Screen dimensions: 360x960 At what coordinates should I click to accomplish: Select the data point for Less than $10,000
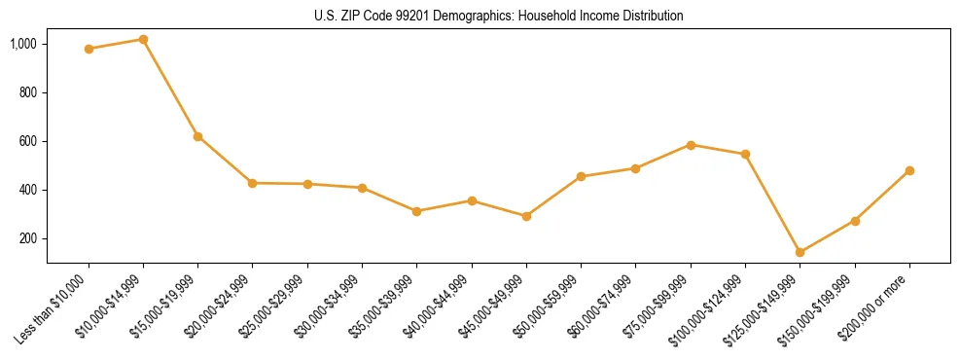[x=89, y=49]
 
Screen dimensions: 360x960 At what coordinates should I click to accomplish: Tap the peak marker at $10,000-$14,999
[x=143, y=39]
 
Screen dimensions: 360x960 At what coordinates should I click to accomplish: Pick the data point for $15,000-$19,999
[x=197, y=136]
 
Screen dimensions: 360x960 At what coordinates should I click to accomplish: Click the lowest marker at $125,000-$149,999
[x=800, y=252]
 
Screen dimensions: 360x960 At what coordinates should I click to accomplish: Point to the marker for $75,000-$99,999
[x=691, y=145]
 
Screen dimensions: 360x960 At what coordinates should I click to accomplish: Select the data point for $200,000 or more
[x=909, y=170]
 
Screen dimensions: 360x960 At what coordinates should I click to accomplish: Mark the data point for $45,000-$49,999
[x=526, y=216]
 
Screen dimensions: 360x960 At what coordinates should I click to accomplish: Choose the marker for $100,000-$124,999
[x=745, y=154]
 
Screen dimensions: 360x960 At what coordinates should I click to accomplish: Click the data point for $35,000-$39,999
[x=416, y=211]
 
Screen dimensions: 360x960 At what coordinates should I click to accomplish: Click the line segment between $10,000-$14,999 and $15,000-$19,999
[x=170, y=88]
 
